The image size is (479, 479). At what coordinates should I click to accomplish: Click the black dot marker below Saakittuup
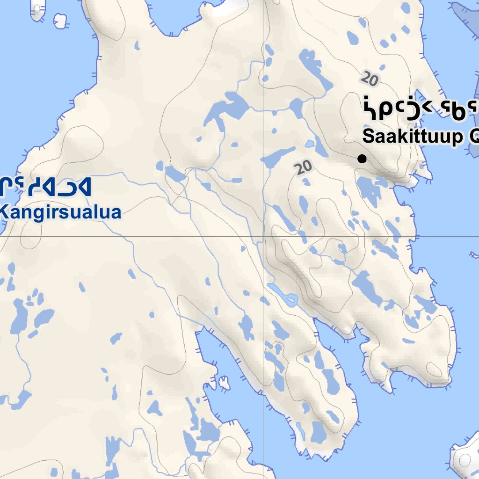(362, 159)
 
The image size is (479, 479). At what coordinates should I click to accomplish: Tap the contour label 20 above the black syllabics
(370, 78)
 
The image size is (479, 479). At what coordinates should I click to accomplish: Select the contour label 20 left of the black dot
(304, 167)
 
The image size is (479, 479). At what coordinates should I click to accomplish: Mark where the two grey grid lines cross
(263, 236)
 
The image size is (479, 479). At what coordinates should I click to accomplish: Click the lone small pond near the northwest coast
(137, 46)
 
